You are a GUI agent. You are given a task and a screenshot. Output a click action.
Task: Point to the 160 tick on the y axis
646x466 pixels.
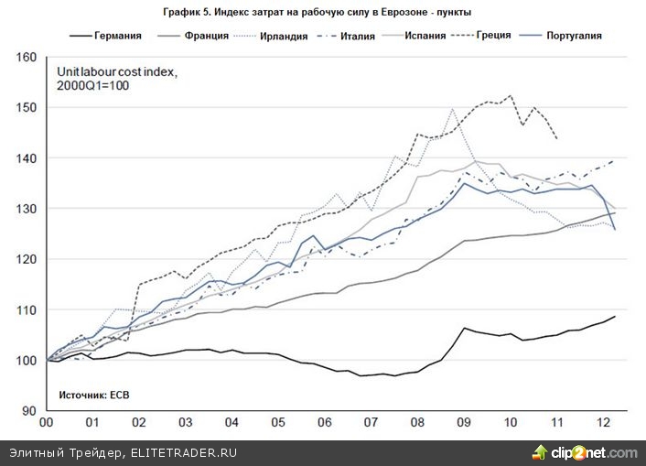point(27,58)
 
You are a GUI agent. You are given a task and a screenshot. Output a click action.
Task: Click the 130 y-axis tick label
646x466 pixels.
point(27,209)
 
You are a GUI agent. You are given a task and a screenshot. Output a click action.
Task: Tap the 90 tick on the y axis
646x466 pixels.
point(29,411)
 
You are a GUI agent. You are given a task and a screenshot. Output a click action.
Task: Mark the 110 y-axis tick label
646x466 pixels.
point(27,310)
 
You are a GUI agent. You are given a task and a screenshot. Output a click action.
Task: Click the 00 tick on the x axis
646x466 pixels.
point(44,425)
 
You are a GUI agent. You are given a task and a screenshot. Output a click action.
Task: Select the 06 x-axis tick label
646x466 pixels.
point(325,425)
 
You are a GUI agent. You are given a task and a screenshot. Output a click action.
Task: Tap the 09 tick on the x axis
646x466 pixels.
point(465,425)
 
